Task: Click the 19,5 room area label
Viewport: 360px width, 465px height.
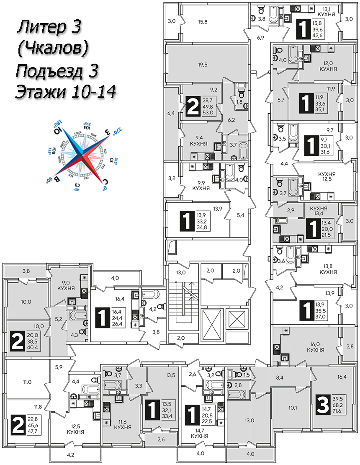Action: pos(203,65)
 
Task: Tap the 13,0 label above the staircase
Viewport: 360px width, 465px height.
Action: pos(181,273)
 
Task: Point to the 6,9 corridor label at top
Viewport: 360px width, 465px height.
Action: pos(261,38)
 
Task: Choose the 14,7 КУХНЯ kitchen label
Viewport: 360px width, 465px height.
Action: pos(200,433)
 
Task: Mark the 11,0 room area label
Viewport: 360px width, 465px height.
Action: pos(28,382)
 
